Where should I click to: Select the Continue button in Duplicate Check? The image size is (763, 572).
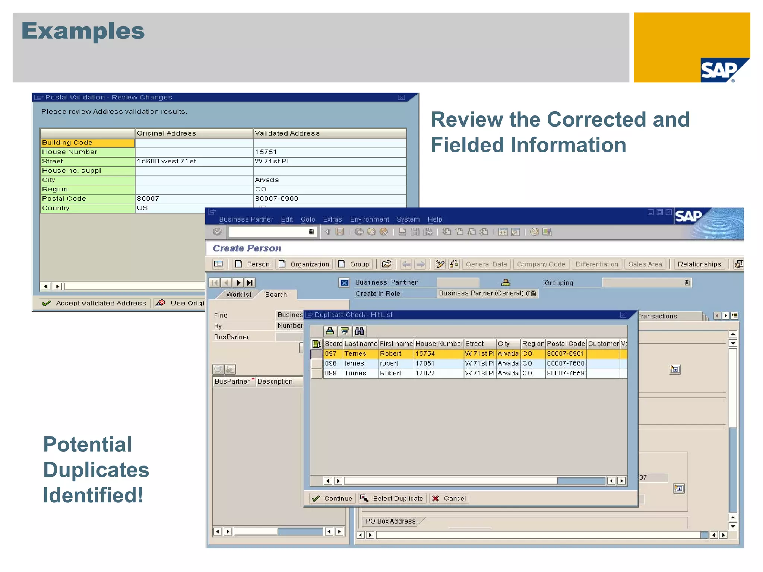click(332, 498)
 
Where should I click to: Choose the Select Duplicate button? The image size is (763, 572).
click(392, 498)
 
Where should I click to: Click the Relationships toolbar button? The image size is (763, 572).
click(699, 264)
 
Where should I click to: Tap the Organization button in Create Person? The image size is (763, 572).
click(304, 264)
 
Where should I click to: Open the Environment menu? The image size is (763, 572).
click(369, 219)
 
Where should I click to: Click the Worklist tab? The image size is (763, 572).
click(238, 295)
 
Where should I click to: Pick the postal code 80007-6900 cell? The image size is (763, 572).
click(277, 198)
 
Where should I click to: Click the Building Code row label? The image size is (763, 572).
click(67, 143)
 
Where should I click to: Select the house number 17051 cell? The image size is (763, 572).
click(425, 363)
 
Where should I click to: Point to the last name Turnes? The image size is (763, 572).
click(355, 373)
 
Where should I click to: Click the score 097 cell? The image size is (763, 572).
click(331, 353)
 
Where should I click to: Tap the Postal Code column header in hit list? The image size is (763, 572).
click(566, 344)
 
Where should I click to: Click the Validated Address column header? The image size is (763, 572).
click(287, 133)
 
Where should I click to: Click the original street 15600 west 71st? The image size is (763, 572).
click(167, 161)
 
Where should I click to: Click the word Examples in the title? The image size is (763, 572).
click(83, 31)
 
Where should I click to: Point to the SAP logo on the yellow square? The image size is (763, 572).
click(719, 70)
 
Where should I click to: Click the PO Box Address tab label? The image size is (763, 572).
click(390, 521)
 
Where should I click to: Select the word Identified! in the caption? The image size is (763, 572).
click(93, 495)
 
